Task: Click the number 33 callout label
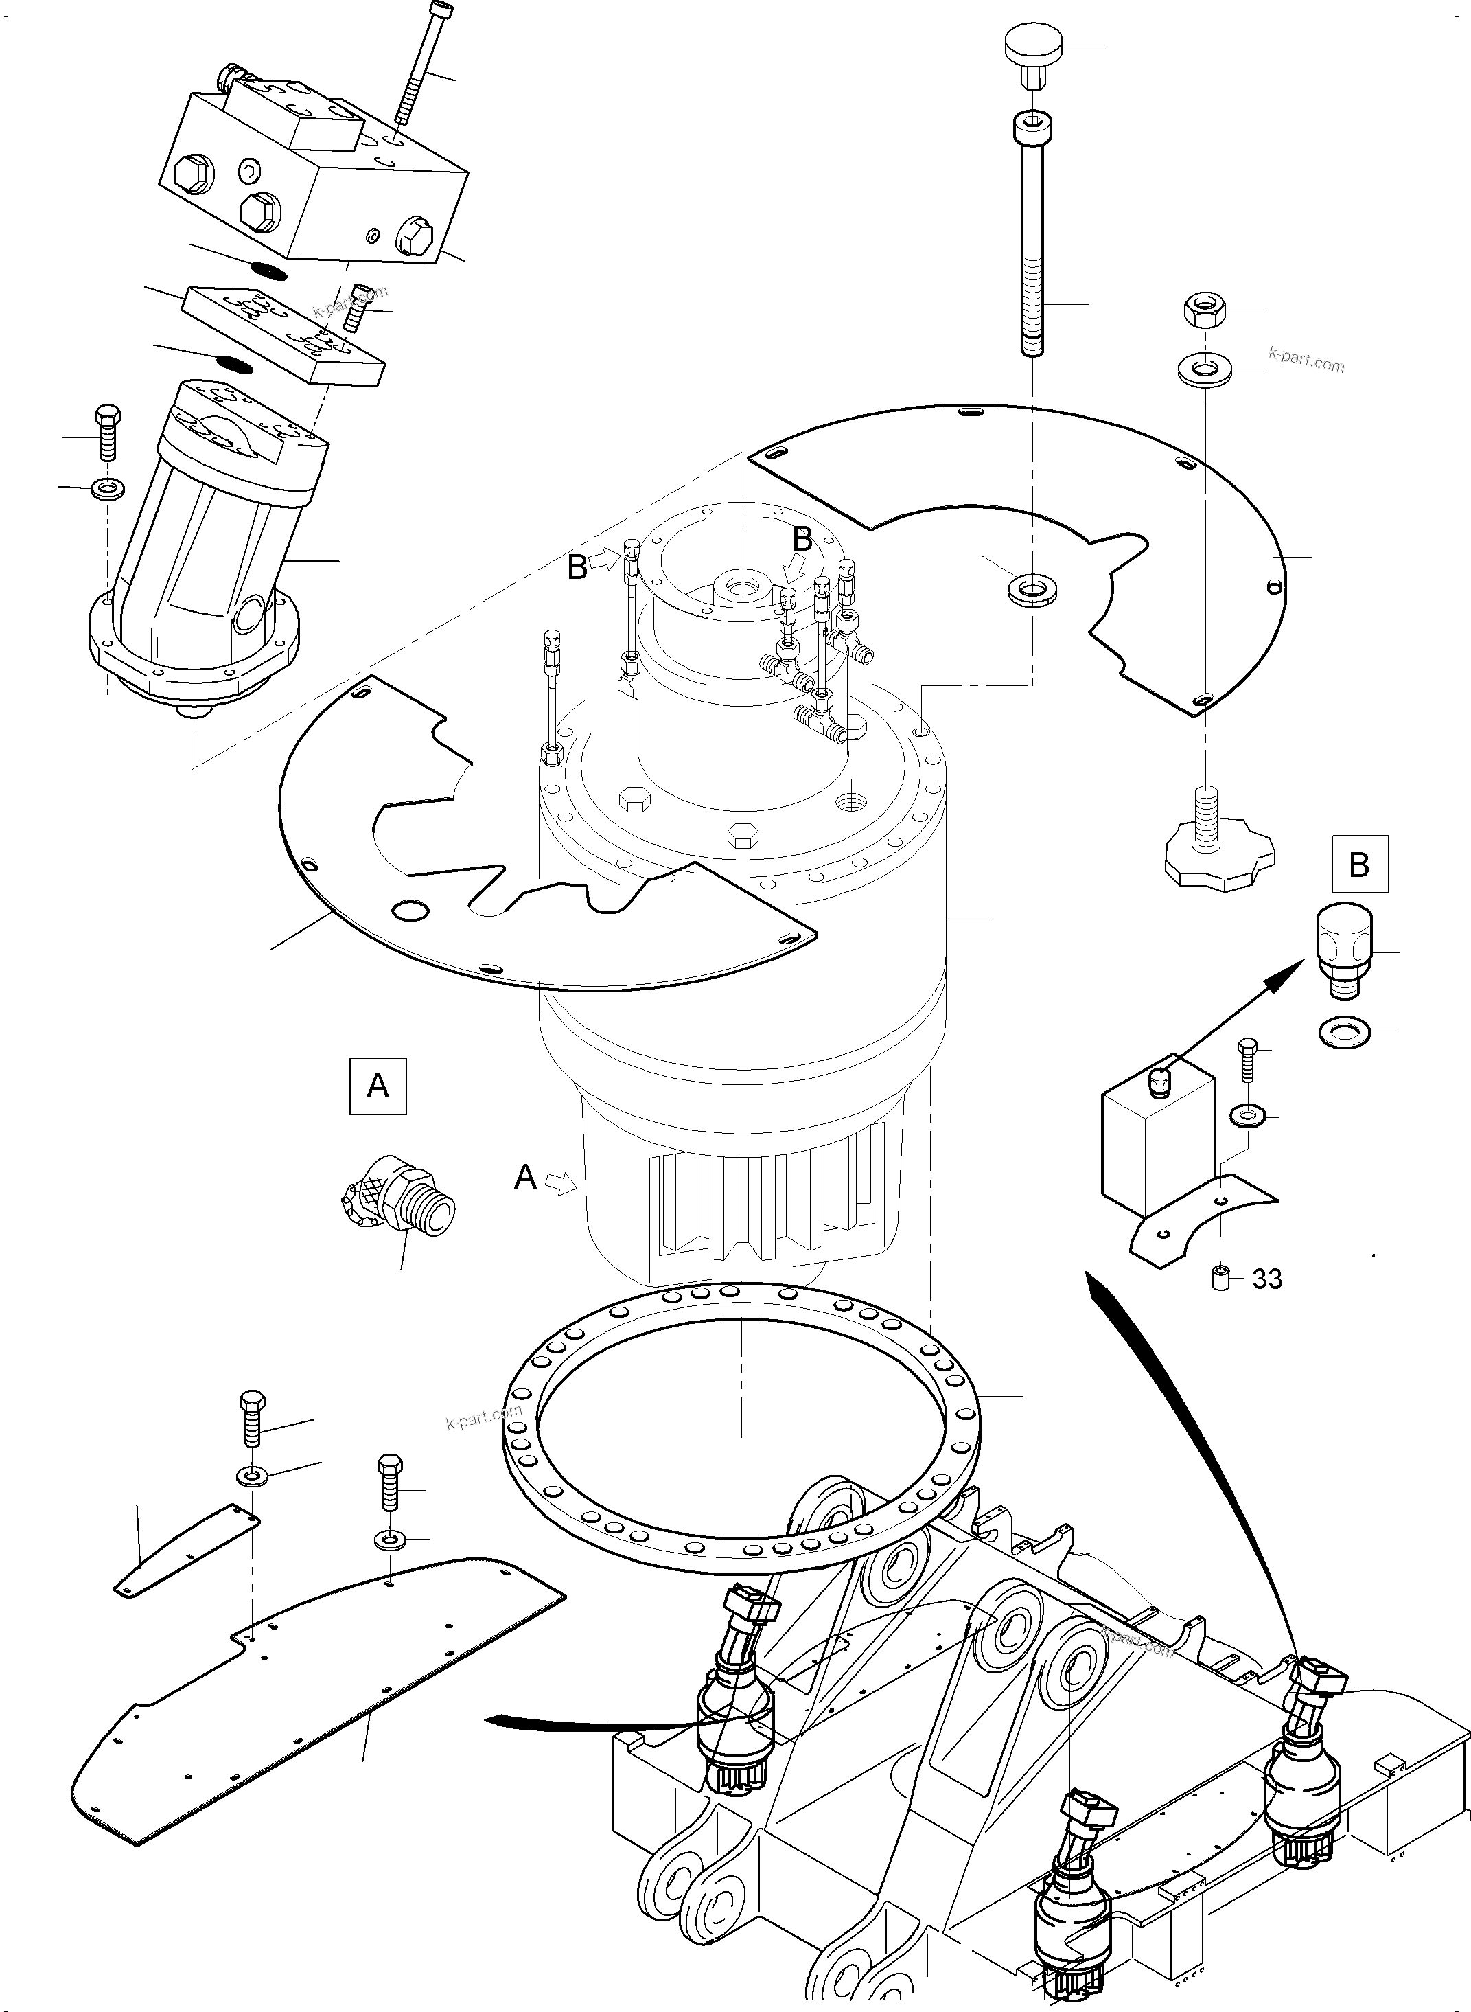click(x=1267, y=1279)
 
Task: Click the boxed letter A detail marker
click(x=378, y=1086)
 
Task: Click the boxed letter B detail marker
click(x=1360, y=864)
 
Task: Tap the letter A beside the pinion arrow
click(x=525, y=1178)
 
